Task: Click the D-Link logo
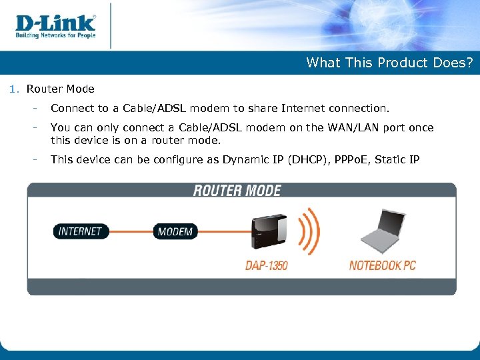pos(55,23)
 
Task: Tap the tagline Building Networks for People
pos(56,35)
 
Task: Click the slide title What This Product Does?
pos(389,63)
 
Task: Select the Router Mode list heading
pos(60,89)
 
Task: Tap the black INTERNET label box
pos(80,231)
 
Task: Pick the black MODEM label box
pos(175,232)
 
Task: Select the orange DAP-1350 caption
pos(267,265)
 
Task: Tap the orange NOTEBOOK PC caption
pos(382,265)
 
